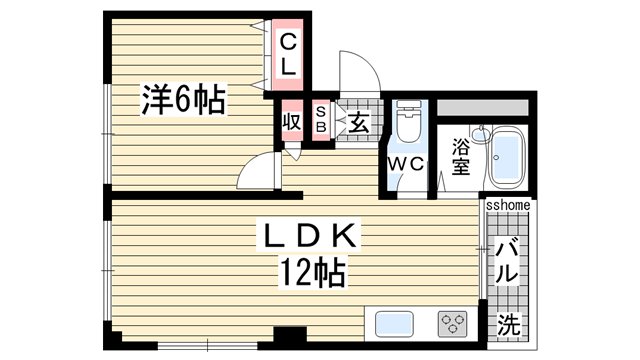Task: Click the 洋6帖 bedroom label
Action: (x=182, y=100)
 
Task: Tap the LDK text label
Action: (x=306, y=238)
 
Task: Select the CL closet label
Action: (x=287, y=55)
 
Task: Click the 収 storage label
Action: (x=292, y=123)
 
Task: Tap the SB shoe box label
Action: (x=321, y=120)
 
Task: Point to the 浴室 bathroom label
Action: (x=461, y=157)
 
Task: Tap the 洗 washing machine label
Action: (x=509, y=324)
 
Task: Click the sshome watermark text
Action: (x=508, y=205)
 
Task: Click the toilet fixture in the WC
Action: (x=408, y=125)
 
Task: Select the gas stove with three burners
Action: (x=452, y=324)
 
